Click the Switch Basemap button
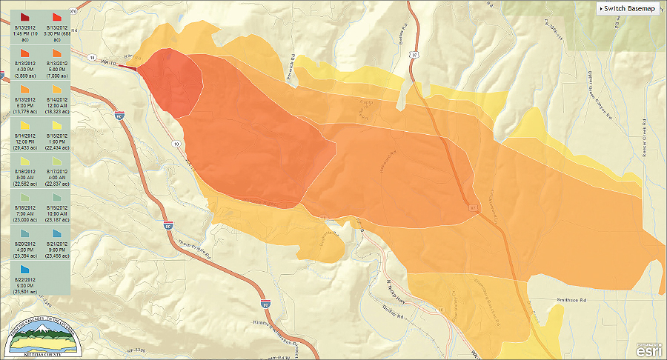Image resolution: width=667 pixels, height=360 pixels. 628,8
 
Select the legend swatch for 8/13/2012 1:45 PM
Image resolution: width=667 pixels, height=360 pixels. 24,16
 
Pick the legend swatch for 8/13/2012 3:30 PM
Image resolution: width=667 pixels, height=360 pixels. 57,16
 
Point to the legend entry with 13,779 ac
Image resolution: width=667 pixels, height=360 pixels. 24,97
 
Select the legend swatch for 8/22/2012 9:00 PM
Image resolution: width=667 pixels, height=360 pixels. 24,269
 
